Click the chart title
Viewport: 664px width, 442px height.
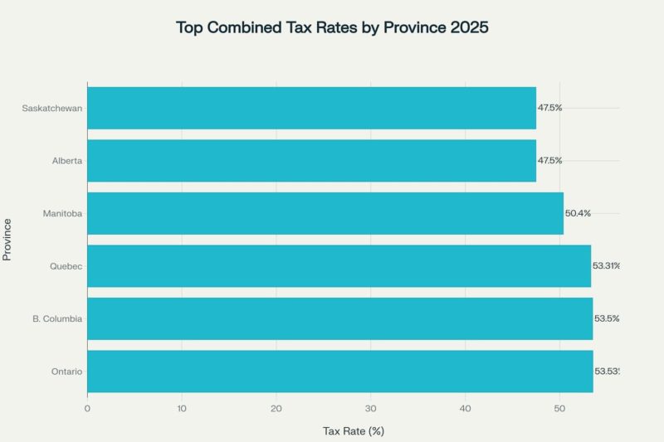pyautogui.click(x=332, y=27)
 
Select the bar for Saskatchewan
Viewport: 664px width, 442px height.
pyautogui.click(x=311, y=108)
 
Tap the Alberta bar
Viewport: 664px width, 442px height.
pyautogui.click(x=311, y=161)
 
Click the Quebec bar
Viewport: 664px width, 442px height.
pyautogui.click(x=339, y=266)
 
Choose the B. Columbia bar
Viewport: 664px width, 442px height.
pyautogui.click(x=339, y=318)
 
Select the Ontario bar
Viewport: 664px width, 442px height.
pyautogui.click(x=339, y=372)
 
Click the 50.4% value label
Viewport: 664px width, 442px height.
pyautogui.click(x=578, y=213)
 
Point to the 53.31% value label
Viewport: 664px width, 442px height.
pyautogui.click(x=606, y=266)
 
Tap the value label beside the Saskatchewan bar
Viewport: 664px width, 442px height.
pyautogui.click(x=549, y=108)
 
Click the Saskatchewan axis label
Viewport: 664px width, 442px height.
pyautogui.click(x=52, y=108)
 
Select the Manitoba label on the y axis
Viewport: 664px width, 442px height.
pyautogui.click(x=62, y=214)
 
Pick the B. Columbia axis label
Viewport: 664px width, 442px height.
pyautogui.click(x=56, y=319)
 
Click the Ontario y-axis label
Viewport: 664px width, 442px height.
pyautogui.click(x=66, y=372)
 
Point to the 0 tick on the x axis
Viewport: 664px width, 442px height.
pyautogui.click(x=87, y=407)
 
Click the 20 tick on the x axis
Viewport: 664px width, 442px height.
pyautogui.click(x=276, y=407)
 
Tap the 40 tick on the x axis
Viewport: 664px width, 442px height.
pyautogui.click(x=466, y=407)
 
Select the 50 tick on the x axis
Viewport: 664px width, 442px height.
pyautogui.click(x=560, y=407)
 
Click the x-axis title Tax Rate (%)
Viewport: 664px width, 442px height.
pyautogui.click(x=353, y=430)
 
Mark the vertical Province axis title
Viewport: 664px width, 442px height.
pyautogui.click(x=7, y=240)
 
